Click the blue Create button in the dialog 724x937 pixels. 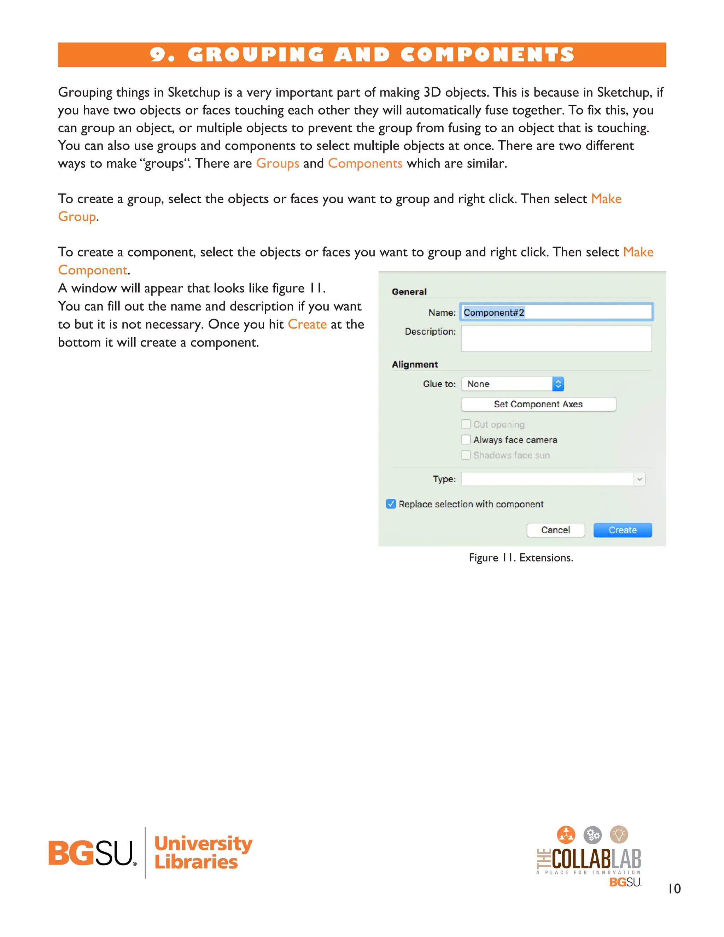[622, 530]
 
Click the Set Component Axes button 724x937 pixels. [538, 404]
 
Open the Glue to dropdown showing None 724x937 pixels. [513, 384]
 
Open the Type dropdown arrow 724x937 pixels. [639, 479]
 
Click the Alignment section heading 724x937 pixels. [414, 364]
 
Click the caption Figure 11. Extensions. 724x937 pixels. [521, 557]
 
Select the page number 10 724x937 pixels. [674, 889]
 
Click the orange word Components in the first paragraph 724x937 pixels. [365, 163]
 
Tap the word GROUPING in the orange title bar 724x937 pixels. [256, 54]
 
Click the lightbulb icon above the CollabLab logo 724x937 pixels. [619, 834]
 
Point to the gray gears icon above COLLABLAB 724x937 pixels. [592, 835]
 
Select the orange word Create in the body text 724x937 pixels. [307, 324]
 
